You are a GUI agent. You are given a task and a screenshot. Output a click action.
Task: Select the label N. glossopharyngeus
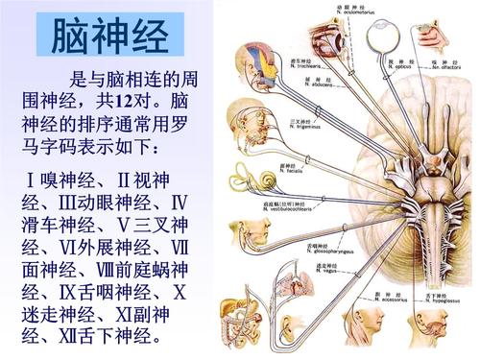point(323,248)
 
